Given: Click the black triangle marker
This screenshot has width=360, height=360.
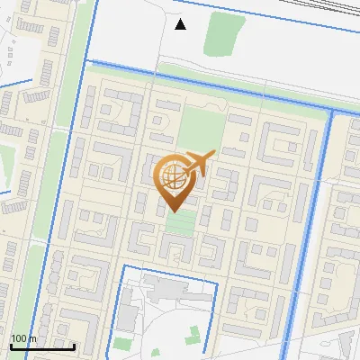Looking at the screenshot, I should pos(181,24).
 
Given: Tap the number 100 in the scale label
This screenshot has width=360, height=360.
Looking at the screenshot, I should pos(18,338).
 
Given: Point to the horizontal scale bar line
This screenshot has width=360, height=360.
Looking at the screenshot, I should pos(41,346).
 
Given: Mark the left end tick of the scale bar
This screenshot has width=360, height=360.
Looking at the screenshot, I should pos(10,346).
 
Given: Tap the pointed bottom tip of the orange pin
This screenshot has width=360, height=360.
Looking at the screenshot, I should pos(173,211).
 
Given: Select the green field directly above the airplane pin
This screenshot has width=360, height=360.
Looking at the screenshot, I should pos(200,131).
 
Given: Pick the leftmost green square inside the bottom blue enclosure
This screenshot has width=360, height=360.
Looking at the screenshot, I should pos(122,344).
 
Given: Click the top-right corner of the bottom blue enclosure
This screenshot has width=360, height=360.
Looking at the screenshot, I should pos(217,283).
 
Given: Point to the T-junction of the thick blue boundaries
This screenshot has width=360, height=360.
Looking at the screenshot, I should pos(330,112).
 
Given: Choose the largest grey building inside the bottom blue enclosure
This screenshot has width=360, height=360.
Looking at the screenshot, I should pos(167,291).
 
